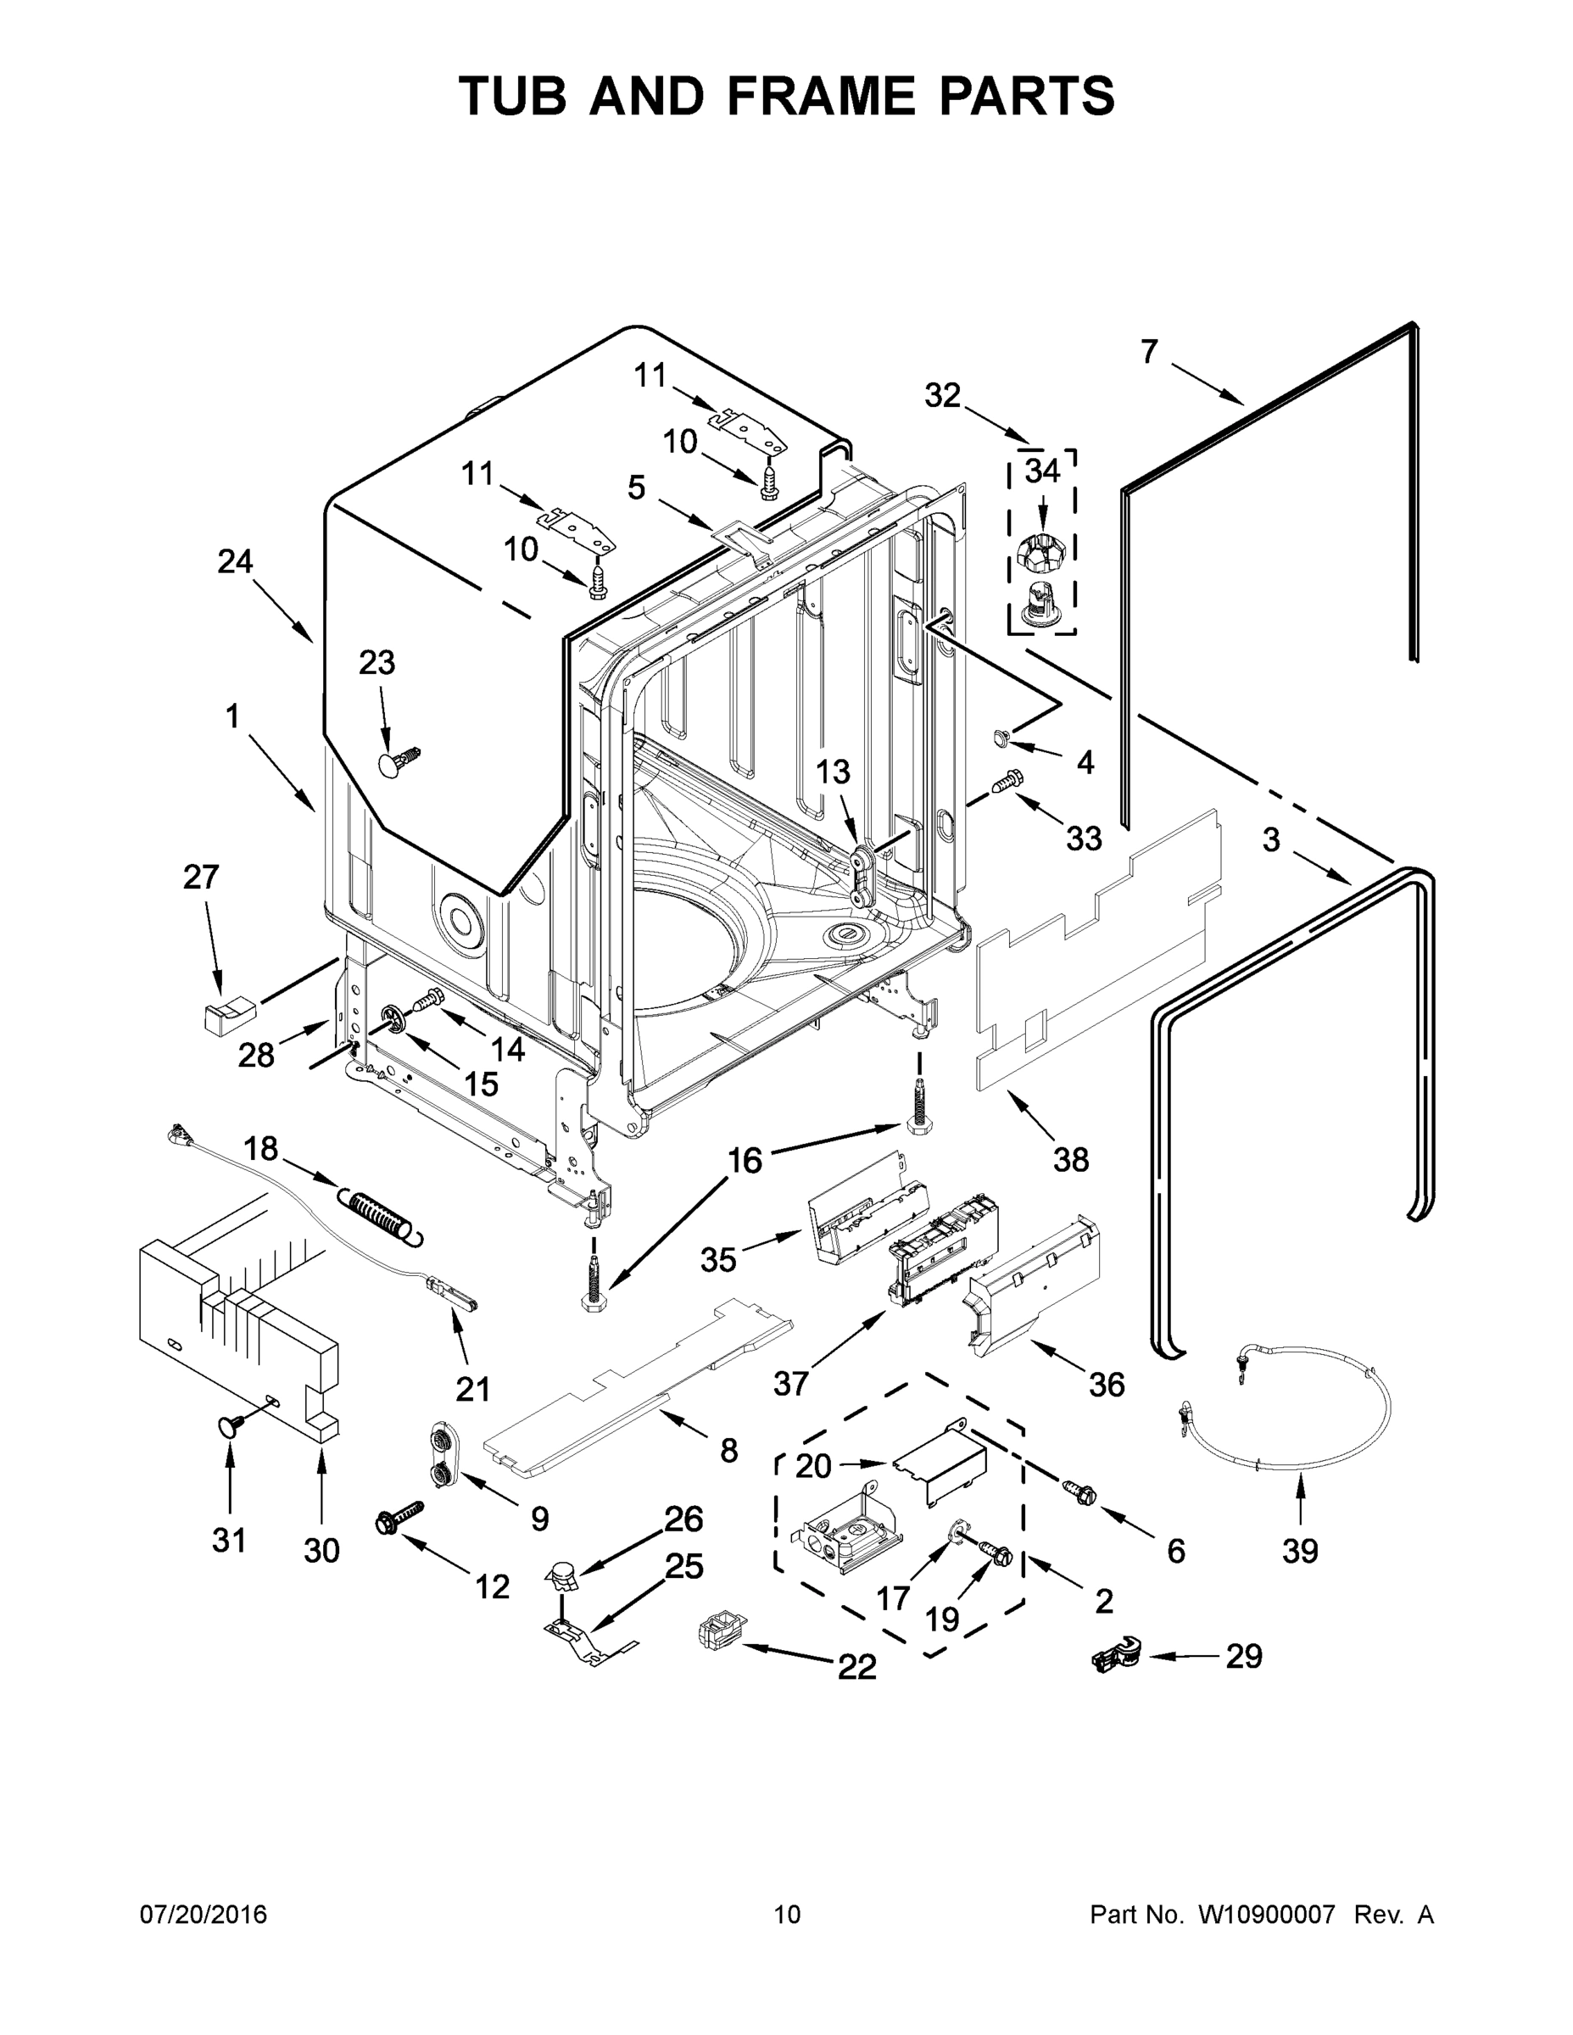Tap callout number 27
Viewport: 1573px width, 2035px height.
(201, 877)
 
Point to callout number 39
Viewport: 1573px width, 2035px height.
(1300, 1551)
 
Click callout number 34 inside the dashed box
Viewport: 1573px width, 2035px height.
(1042, 471)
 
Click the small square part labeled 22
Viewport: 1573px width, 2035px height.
(717, 1634)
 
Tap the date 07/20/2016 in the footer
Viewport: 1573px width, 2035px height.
(204, 1915)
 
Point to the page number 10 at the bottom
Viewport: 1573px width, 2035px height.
(787, 1915)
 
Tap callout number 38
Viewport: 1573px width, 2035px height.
(1070, 1159)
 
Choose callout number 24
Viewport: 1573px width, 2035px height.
(235, 562)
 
